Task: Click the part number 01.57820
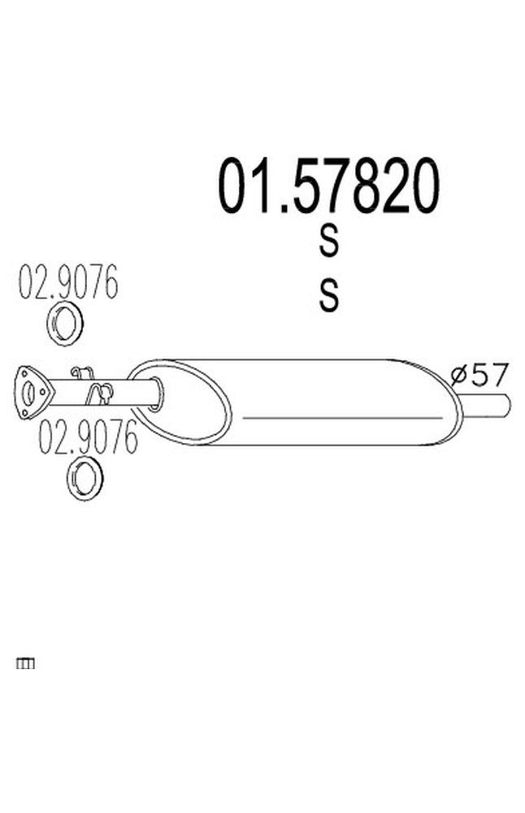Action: [x=328, y=186]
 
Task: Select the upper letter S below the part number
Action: [x=328, y=241]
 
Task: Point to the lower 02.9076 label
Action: [x=89, y=439]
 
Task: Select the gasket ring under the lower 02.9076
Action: [x=85, y=478]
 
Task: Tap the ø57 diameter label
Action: [x=479, y=375]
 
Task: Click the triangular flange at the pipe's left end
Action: [x=33, y=392]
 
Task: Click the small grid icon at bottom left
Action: [x=25, y=664]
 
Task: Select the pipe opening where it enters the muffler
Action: [x=156, y=393]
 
